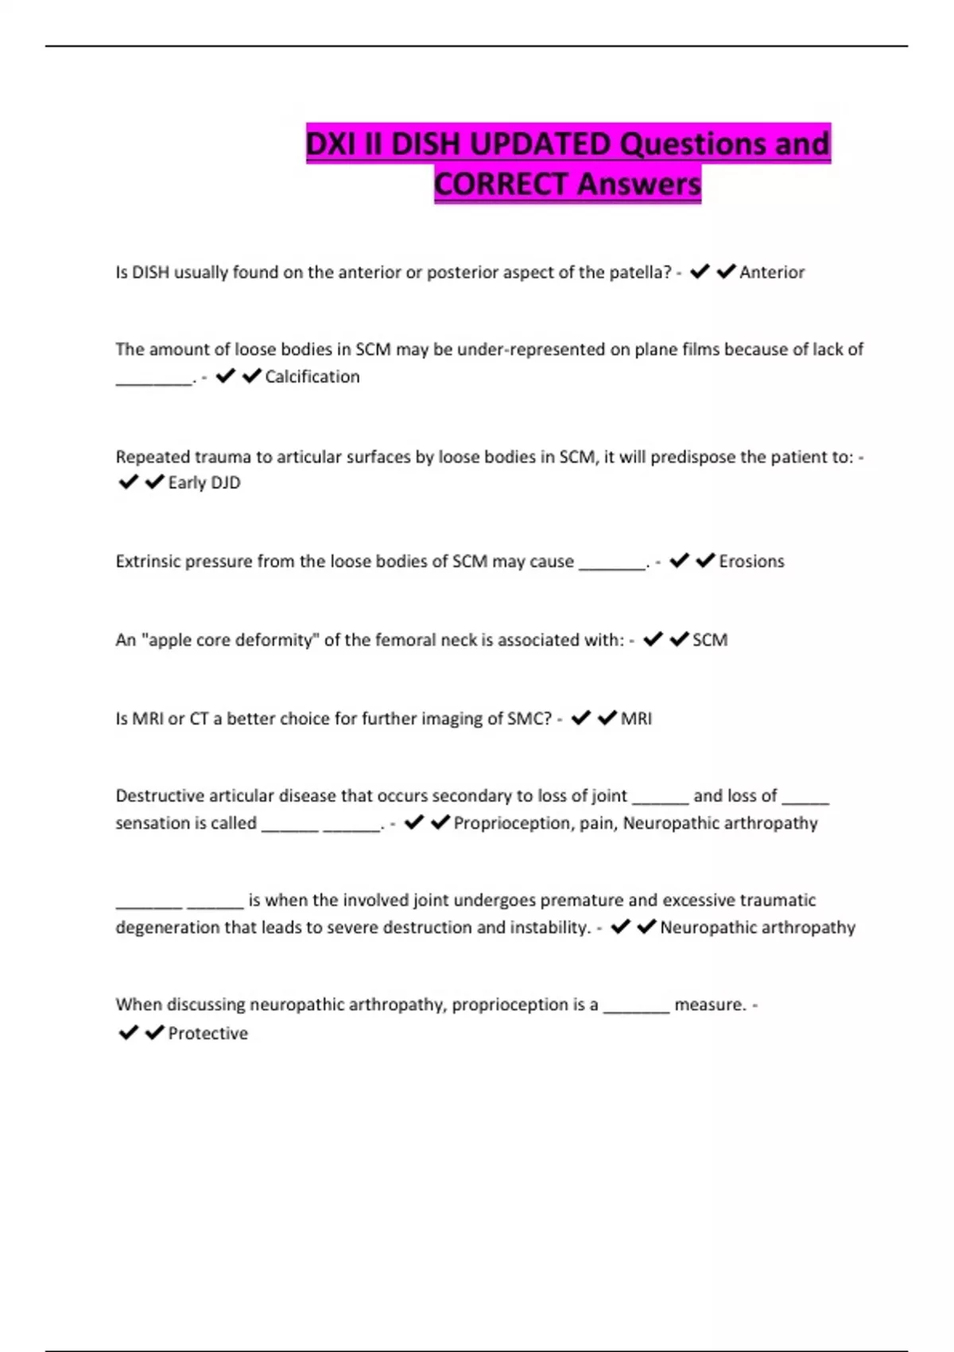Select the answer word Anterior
click(x=772, y=273)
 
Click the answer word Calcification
click(x=312, y=377)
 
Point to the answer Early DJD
click(x=204, y=483)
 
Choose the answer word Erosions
click(x=751, y=561)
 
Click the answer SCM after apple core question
click(x=710, y=640)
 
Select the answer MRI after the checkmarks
click(x=636, y=719)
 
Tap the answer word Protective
click(x=208, y=1034)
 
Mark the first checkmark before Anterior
click(x=700, y=272)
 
